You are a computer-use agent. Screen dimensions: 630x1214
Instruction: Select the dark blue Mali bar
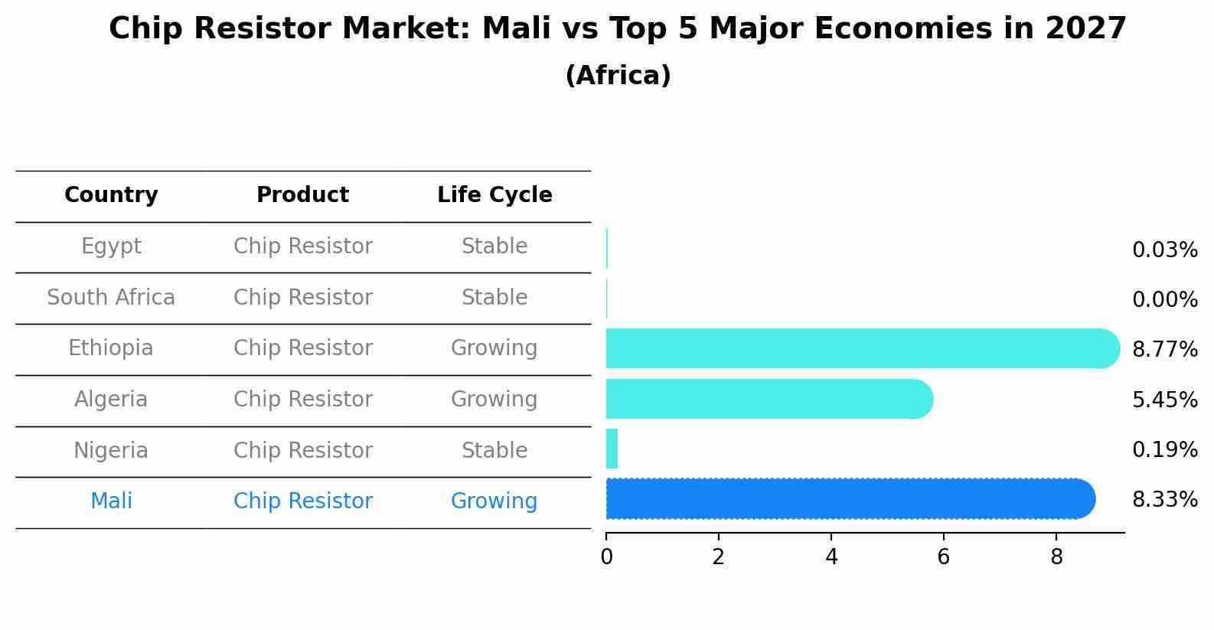tap(850, 499)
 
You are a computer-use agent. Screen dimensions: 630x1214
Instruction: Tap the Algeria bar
tap(769, 399)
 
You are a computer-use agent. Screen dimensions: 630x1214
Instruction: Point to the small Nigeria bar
tap(612, 449)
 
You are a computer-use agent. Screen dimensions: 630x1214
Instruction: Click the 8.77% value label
tap(1164, 350)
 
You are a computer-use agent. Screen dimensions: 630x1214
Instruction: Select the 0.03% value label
tap(1164, 250)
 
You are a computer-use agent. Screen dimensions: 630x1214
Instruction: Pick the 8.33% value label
tap(1164, 500)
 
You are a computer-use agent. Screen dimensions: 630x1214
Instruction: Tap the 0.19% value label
tap(1164, 450)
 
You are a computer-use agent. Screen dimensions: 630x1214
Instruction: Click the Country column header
tap(111, 195)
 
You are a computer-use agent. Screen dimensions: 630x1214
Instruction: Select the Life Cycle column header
tap(494, 195)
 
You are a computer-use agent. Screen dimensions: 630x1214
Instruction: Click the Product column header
tap(302, 195)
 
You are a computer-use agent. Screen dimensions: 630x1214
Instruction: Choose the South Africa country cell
tap(111, 298)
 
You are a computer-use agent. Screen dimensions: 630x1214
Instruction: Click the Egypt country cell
tap(111, 246)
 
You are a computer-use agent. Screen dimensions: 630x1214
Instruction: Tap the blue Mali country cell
tap(111, 501)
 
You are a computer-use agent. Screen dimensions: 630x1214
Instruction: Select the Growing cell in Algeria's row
tap(494, 400)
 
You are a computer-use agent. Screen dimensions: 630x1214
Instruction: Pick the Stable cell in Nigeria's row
tap(494, 451)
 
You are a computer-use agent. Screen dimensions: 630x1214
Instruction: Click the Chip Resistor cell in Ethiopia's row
tap(302, 348)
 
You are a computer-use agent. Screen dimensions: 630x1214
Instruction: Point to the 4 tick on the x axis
tap(831, 557)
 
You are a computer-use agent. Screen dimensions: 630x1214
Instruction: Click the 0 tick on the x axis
tap(606, 557)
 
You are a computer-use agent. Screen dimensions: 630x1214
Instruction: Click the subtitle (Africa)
tap(618, 76)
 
